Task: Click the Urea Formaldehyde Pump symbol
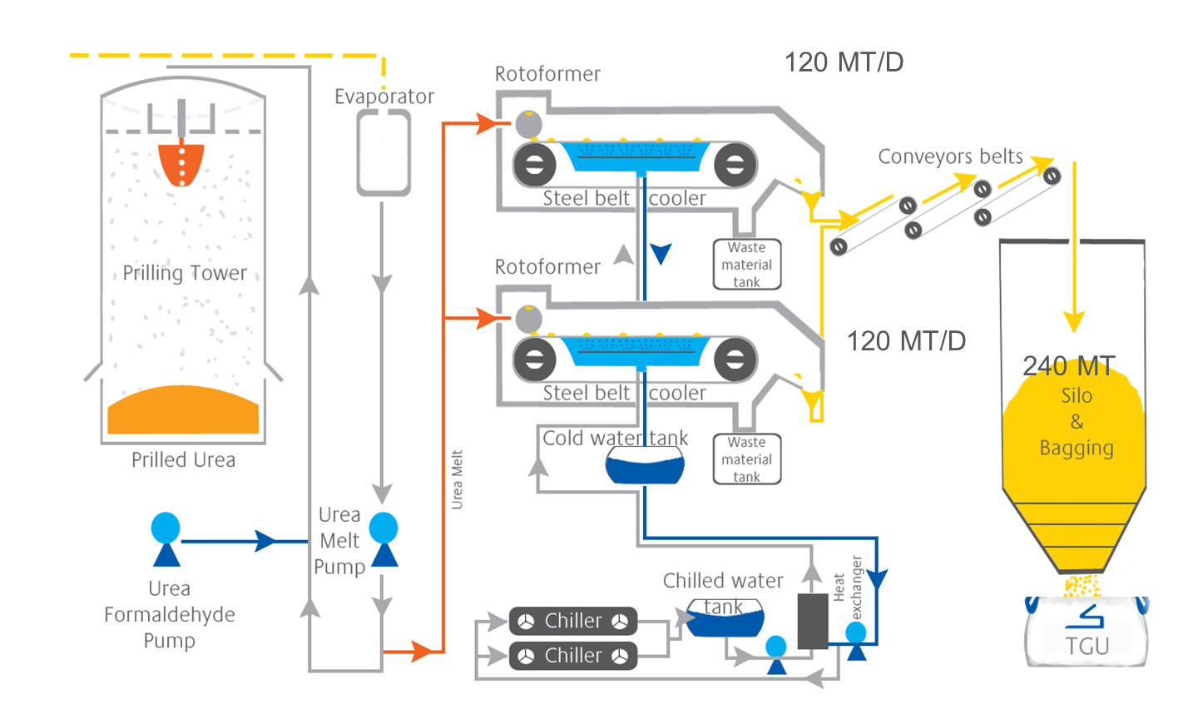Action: click(166, 538)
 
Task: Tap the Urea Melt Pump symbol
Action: click(384, 538)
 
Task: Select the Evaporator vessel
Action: click(384, 153)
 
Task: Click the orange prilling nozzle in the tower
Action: click(181, 164)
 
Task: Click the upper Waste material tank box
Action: click(747, 265)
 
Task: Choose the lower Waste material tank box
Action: click(747, 459)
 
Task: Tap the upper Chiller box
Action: click(573, 621)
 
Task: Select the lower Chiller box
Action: click(573, 656)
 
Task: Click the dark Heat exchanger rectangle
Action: click(813, 621)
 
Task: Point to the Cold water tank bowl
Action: click(645, 466)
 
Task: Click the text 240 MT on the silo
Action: click(1069, 366)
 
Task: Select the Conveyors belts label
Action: click(950, 156)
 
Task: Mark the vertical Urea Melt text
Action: click(457, 479)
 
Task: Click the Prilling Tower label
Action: click(185, 273)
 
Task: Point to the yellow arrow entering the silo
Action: click(1074, 320)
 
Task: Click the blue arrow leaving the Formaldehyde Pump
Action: click(265, 541)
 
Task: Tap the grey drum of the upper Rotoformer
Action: click(529, 124)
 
